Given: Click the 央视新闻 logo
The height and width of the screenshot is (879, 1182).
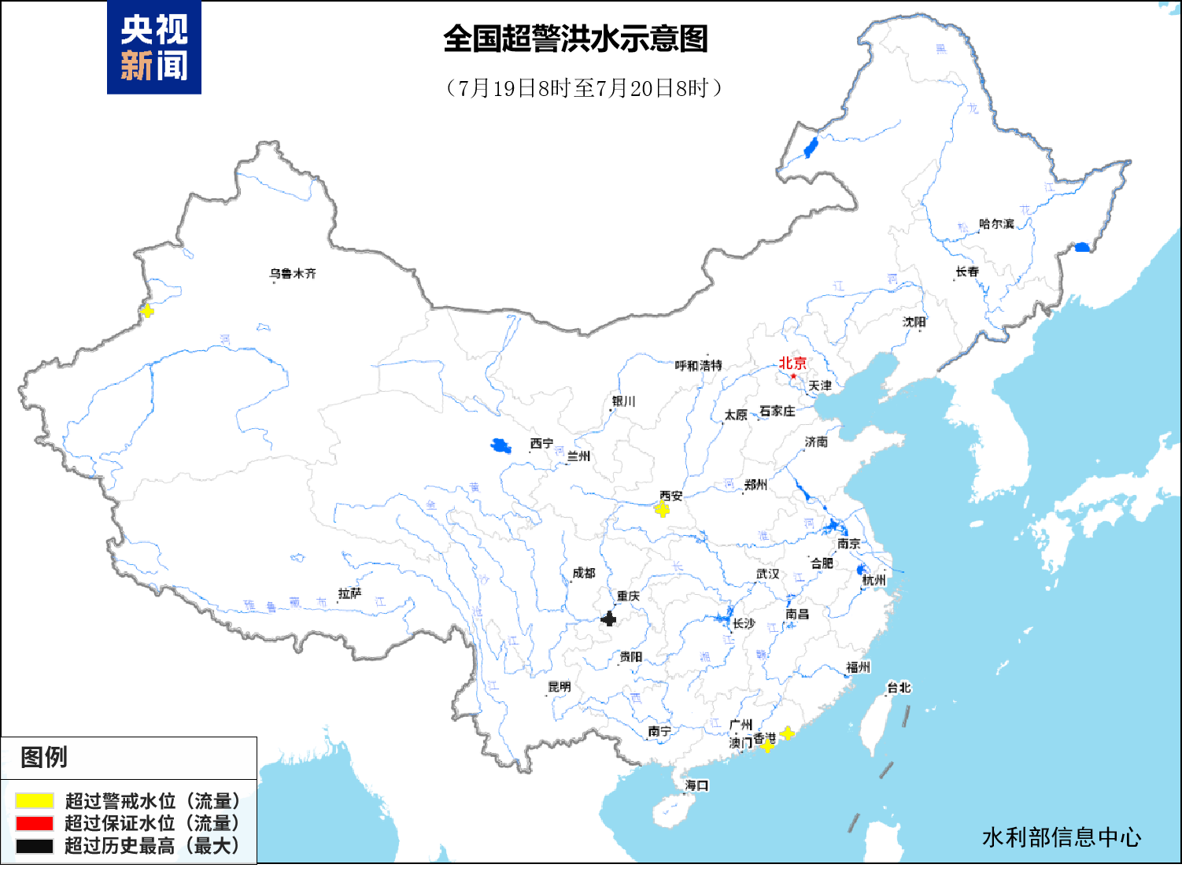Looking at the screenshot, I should coord(154,48).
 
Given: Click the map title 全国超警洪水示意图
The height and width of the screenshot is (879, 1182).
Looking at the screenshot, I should coord(575,39).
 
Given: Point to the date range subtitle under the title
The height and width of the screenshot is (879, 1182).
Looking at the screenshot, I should coord(583,87).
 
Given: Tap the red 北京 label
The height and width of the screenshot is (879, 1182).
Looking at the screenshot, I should coord(792,363).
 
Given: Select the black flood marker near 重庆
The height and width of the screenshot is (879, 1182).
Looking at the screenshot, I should coord(608,619).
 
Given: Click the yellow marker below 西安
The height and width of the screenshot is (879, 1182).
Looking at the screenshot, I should coord(663,510).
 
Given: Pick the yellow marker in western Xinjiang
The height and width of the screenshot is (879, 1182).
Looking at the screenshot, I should coord(146,311).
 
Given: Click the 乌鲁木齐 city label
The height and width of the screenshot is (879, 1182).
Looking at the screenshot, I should coord(292,274).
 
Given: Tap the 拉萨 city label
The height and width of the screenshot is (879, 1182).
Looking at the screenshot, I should coord(349,593).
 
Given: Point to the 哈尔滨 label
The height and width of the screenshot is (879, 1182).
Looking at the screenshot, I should coord(996,224).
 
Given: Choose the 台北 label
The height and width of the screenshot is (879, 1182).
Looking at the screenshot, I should coord(899,687).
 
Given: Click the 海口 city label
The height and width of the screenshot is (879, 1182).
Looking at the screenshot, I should coord(696,785).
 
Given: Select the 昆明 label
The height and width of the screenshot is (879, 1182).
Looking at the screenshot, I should coord(559,686).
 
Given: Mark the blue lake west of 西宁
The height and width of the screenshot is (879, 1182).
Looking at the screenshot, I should coord(501,446).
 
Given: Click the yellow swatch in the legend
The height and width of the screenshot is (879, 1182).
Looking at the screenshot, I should coord(35,801).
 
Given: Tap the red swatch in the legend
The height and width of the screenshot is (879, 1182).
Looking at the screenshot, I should coord(35,823).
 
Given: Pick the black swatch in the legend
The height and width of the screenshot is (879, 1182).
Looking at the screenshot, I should coord(35,846).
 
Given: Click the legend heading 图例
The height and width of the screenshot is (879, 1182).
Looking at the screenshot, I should coord(44,757).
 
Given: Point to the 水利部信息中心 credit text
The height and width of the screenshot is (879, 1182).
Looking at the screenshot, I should coord(1061,837).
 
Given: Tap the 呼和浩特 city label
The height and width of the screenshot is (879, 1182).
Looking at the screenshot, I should coord(698,366).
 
